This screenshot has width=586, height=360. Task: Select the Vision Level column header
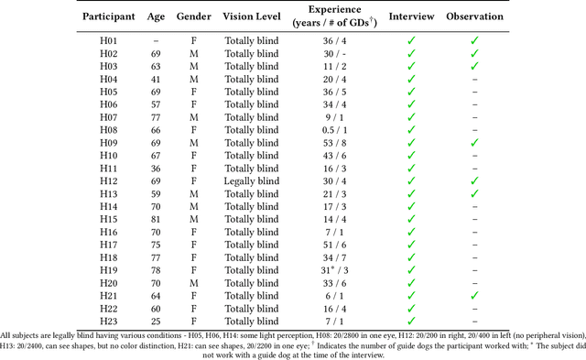[x=250, y=17]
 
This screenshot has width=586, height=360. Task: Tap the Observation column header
[x=473, y=17]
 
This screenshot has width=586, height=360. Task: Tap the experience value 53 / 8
[x=332, y=144]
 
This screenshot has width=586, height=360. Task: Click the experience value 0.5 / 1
[x=332, y=131]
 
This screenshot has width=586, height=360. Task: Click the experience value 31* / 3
[x=332, y=271]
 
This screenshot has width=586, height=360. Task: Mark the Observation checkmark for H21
[x=473, y=296]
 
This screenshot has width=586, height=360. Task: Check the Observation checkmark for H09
[x=473, y=144]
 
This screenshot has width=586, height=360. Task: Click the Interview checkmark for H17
[x=411, y=245]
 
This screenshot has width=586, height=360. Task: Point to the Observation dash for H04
[x=473, y=80]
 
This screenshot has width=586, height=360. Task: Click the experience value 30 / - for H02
[x=332, y=54]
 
